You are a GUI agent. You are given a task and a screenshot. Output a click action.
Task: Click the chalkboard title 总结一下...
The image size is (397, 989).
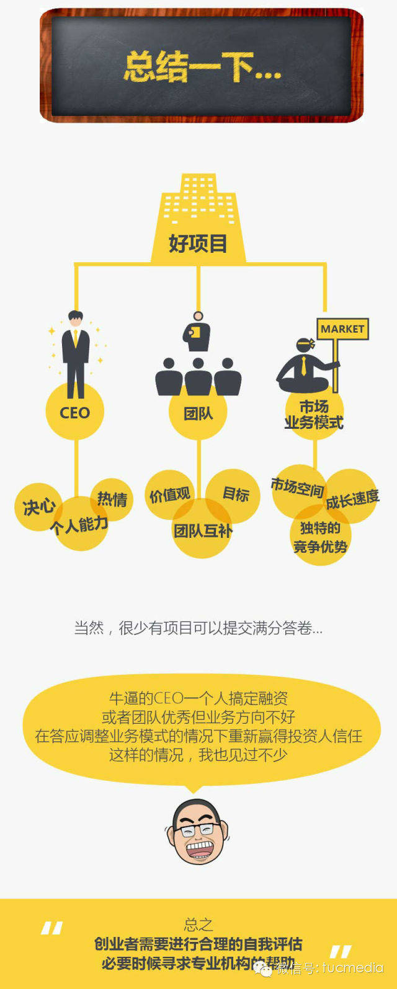point(202,67)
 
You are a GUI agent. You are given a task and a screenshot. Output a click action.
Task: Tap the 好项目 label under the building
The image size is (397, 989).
point(198,244)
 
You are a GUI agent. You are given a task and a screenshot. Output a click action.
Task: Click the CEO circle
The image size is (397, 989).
point(74,412)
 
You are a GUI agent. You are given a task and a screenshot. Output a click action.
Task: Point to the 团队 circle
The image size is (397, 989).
point(198,413)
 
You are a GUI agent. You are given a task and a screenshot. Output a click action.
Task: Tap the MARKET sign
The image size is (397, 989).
point(342,329)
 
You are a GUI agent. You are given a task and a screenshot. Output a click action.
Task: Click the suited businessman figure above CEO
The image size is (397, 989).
point(75,353)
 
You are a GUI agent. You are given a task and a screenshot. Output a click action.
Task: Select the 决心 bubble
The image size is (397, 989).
point(38,507)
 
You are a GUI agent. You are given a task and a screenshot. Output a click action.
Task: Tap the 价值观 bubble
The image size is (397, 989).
point(169,494)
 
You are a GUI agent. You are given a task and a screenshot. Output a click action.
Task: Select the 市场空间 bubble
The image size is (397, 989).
point(297,488)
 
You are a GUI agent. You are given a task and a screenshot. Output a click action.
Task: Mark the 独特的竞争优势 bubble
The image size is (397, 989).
point(320,537)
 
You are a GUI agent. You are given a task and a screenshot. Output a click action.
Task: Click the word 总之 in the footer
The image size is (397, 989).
point(198,925)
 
